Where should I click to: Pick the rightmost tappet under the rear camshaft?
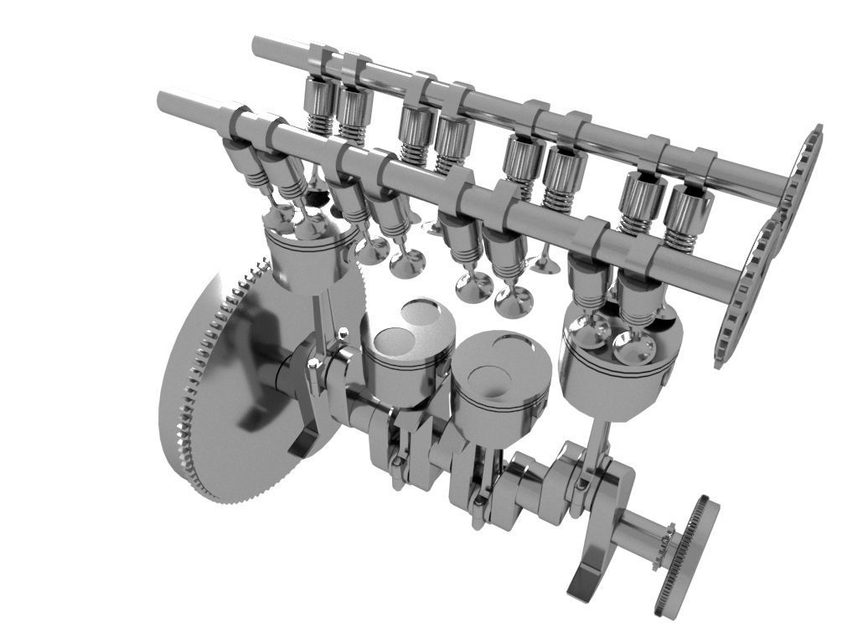coord(689,209)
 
